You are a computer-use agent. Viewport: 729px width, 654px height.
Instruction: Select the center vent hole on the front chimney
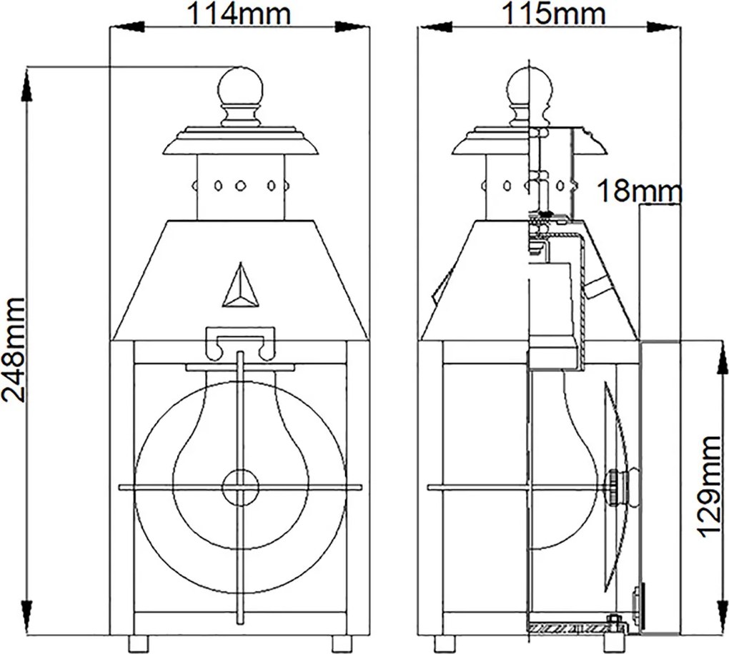(x=240, y=186)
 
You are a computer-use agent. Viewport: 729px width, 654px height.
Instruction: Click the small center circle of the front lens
(x=240, y=487)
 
